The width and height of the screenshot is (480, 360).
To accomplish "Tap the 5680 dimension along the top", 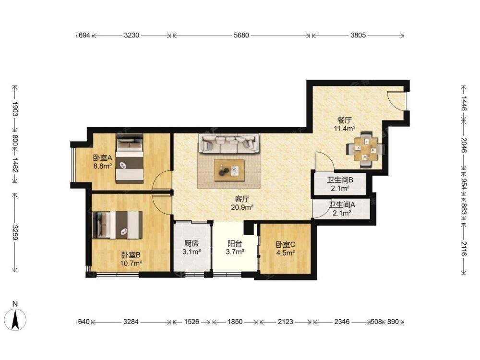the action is coord(241,36).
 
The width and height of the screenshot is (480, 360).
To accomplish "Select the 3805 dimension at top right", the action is coord(358,36).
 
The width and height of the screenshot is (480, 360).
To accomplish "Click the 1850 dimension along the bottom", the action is coord(235,322).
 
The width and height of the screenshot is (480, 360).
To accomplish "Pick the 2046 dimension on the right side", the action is coord(464,145).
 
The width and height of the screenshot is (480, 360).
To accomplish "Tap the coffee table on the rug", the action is coord(229,170).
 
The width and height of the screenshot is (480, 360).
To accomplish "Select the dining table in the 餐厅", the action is coord(365,149).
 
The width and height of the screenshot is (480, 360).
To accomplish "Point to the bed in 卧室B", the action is coord(117,225).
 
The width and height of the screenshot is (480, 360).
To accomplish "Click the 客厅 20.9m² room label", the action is coord(242,204).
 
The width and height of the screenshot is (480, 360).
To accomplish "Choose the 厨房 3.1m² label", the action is coord(192,248).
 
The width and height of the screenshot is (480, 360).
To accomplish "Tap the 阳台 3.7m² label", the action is coord(235,248).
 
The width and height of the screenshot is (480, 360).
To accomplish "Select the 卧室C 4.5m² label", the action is coord(285,249).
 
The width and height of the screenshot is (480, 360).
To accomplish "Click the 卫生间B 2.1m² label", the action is coord(340,184).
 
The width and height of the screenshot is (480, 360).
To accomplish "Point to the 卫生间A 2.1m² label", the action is coord(342,208).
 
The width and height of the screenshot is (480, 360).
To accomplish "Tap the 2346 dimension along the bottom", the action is coord(342,322).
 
